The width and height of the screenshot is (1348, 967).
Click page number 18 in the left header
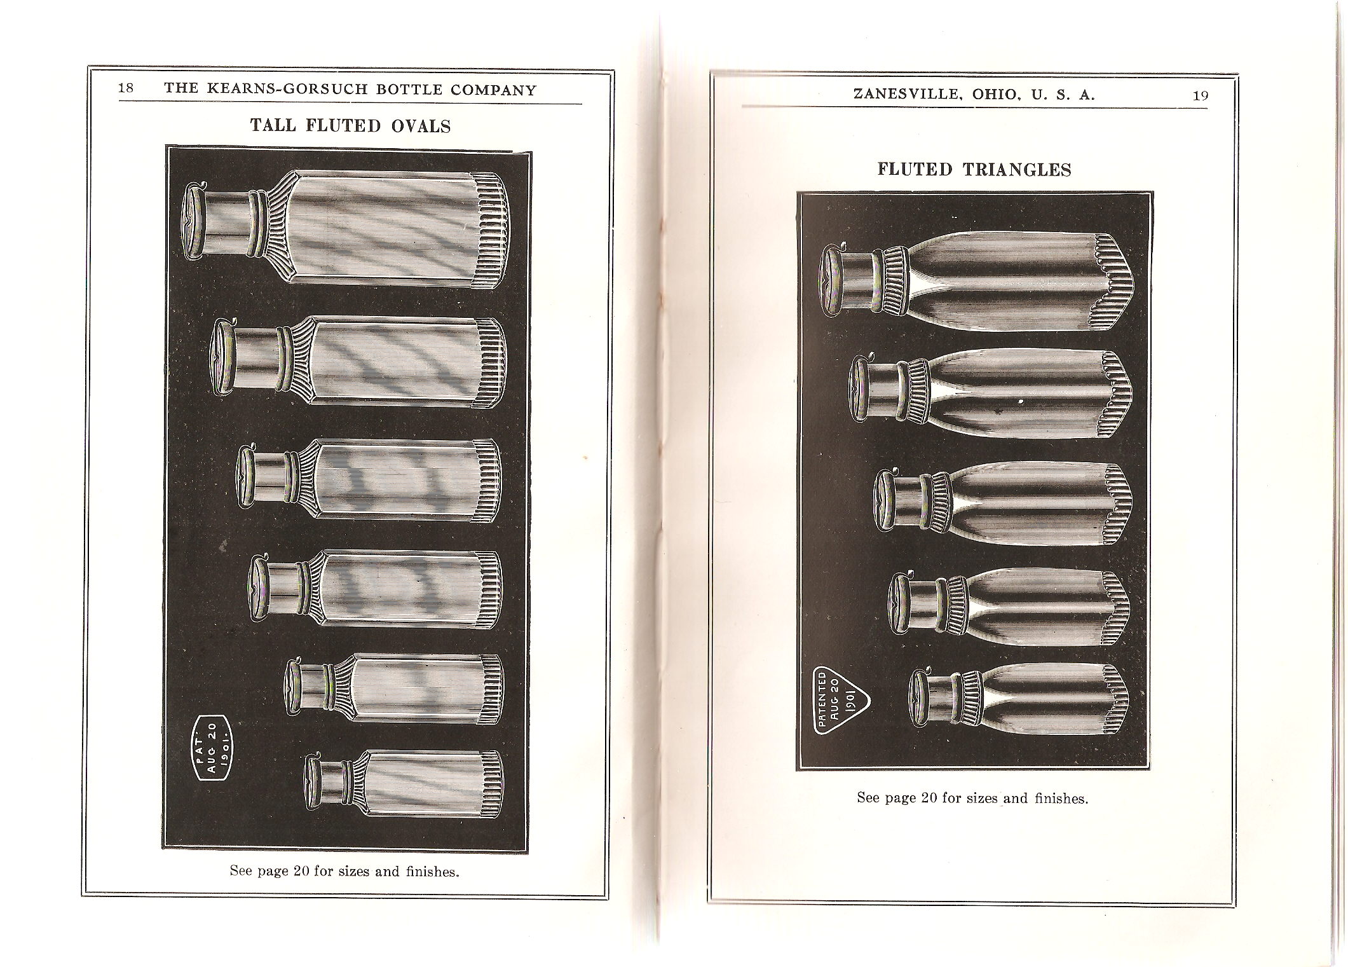pyautogui.click(x=126, y=88)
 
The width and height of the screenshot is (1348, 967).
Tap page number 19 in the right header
pyautogui.click(x=1201, y=95)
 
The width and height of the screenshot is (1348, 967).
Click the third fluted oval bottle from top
pyautogui.click(x=369, y=481)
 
